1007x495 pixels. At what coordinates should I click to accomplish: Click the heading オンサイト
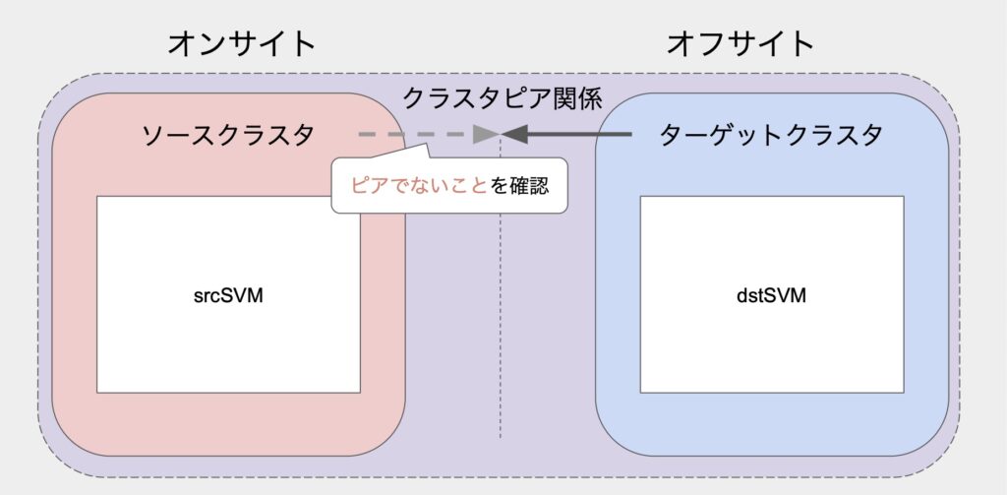(x=242, y=44)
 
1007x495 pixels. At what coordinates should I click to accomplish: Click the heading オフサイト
(x=740, y=44)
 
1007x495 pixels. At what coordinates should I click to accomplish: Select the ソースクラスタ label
(x=228, y=135)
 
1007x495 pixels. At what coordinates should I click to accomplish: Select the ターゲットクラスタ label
(x=771, y=135)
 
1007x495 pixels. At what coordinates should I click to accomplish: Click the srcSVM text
(x=228, y=296)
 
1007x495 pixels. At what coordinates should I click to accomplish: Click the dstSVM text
(x=771, y=296)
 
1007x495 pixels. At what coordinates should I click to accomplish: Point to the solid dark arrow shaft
(x=578, y=135)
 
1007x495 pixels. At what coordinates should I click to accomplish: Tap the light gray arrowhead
(x=485, y=135)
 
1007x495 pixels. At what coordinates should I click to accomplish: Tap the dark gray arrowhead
(x=514, y=135)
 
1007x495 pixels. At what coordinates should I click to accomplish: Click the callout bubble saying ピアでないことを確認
(x=449, y=185)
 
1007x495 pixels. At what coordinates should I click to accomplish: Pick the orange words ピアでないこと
(x=419, y=186)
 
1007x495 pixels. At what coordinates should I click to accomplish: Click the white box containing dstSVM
(x=772, y=294)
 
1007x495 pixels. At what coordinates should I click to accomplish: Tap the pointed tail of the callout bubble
(x=427, y=147)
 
